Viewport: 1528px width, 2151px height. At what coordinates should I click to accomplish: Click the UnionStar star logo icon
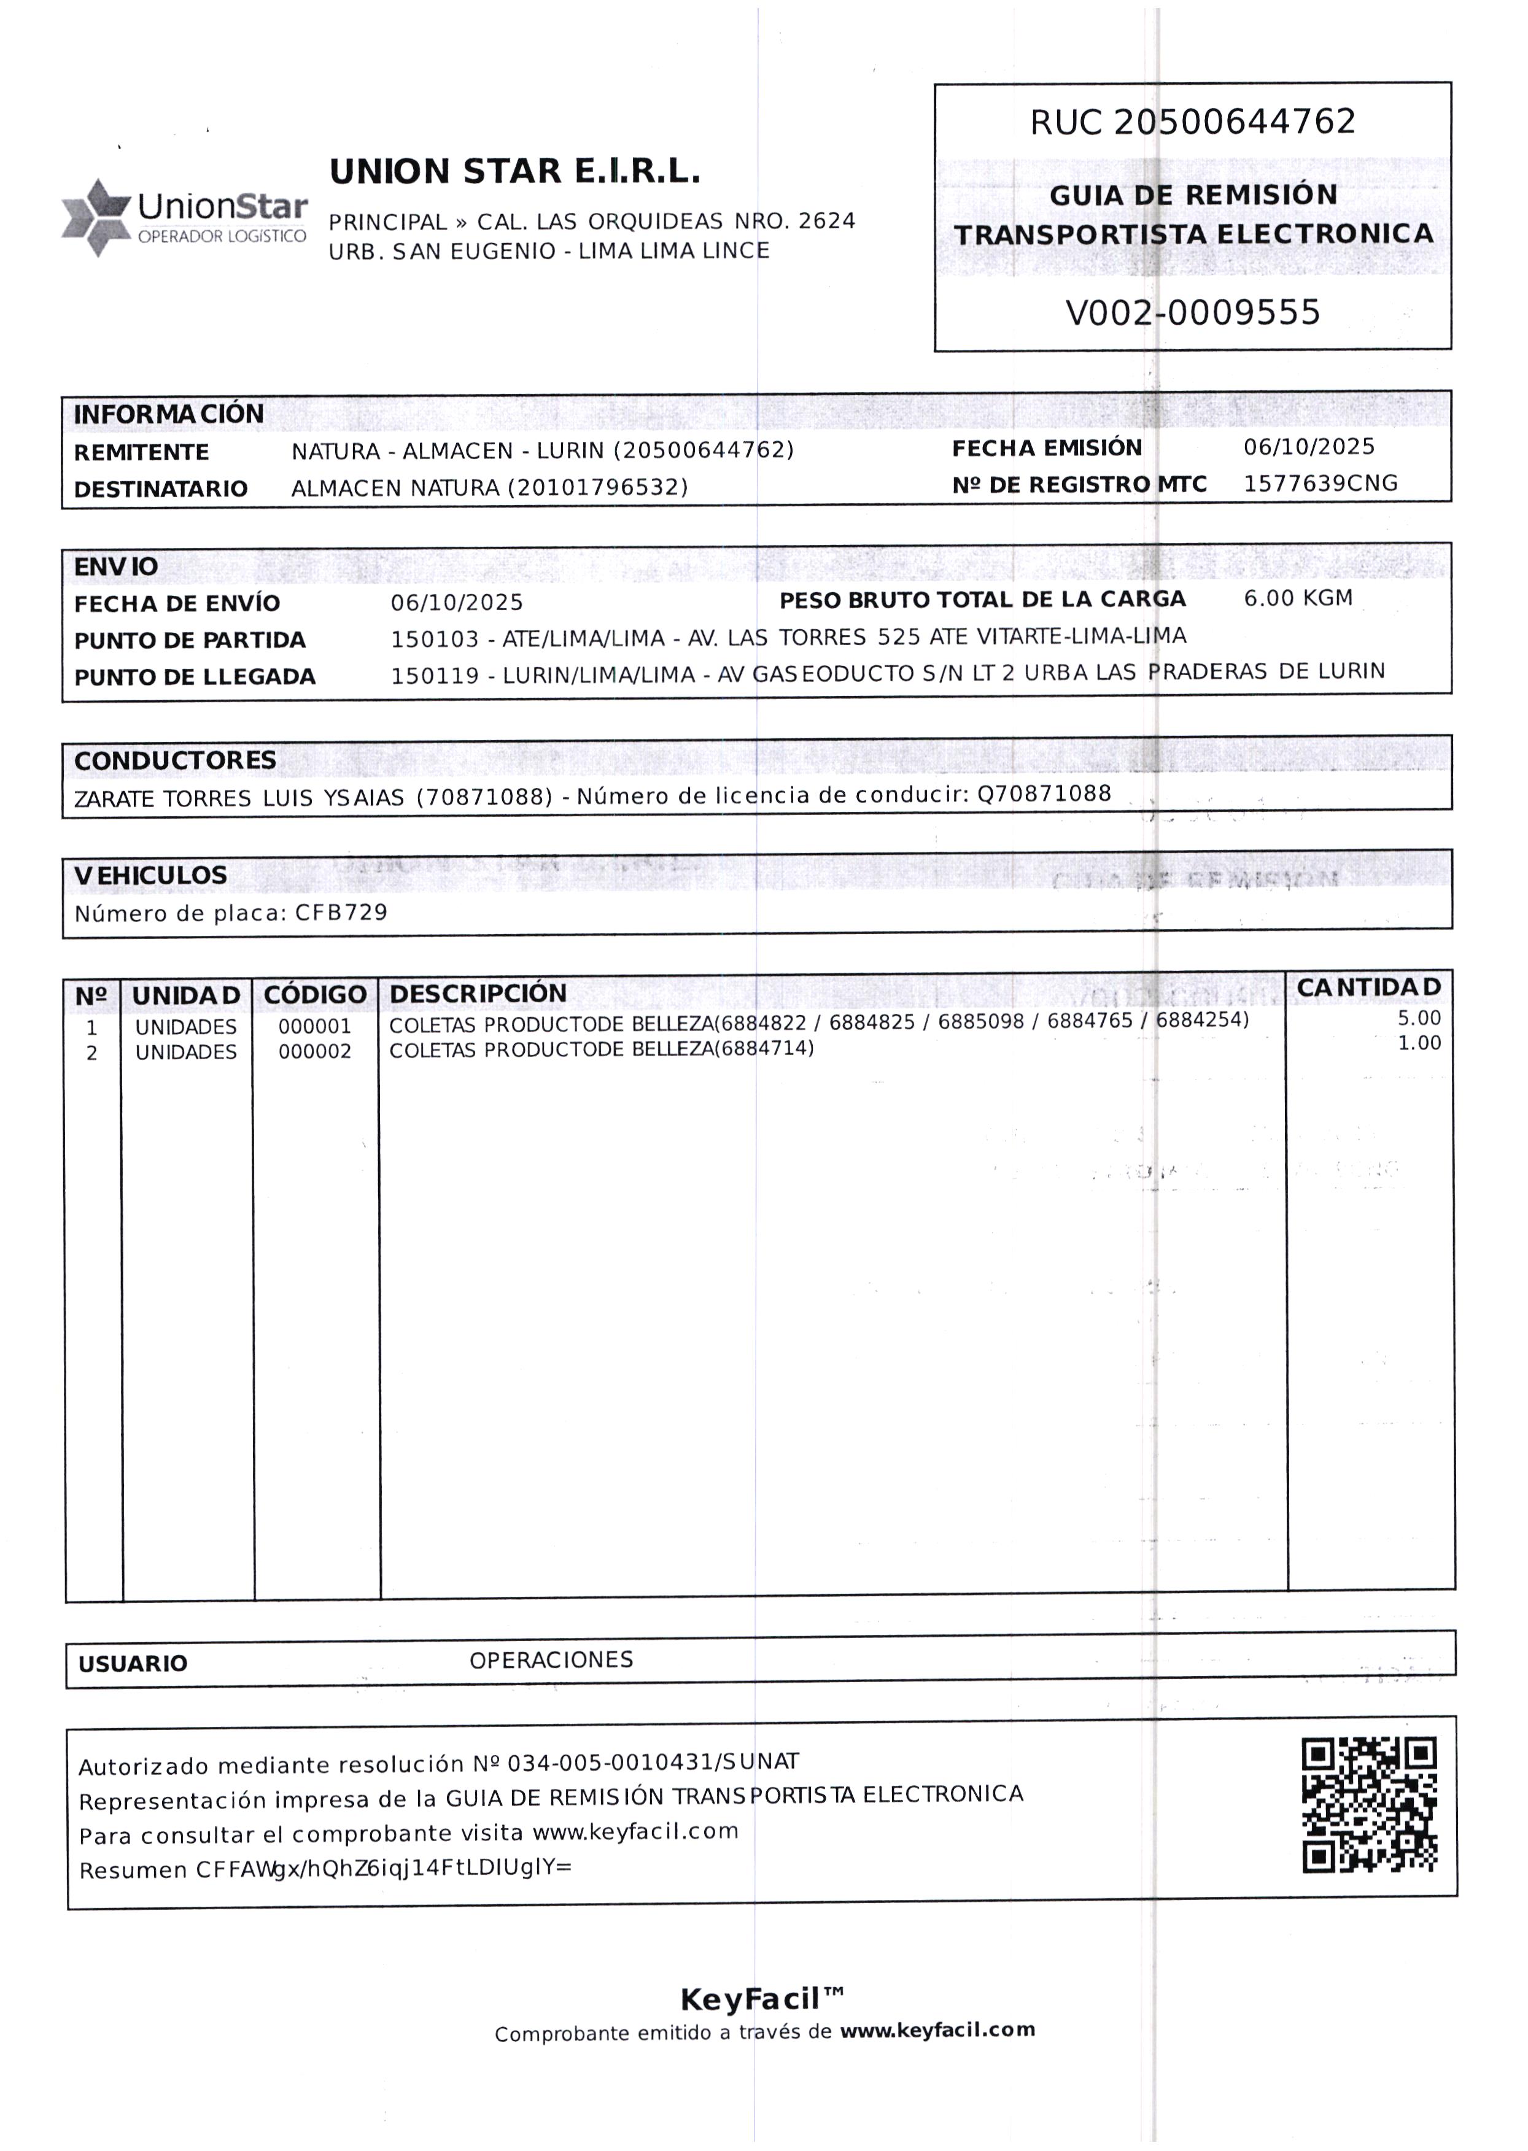95,217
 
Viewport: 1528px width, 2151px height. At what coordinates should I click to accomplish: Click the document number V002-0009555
1192,312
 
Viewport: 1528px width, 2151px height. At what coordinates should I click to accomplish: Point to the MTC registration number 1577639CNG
1320,484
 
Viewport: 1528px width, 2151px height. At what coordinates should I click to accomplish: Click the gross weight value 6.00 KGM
1298,598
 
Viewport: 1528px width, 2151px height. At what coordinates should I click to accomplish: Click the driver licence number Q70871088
1044,793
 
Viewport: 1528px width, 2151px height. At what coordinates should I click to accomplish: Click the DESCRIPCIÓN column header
478,993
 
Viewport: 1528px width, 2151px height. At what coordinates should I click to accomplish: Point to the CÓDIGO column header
314,994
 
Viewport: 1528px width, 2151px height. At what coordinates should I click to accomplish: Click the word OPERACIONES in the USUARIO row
551,1660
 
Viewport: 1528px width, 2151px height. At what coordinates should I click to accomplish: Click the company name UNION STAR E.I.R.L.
514,172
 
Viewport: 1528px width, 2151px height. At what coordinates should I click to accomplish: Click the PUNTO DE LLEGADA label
195,677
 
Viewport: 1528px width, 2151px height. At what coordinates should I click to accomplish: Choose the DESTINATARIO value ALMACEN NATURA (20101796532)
489,487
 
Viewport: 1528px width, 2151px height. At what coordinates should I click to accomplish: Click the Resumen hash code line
325,1869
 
